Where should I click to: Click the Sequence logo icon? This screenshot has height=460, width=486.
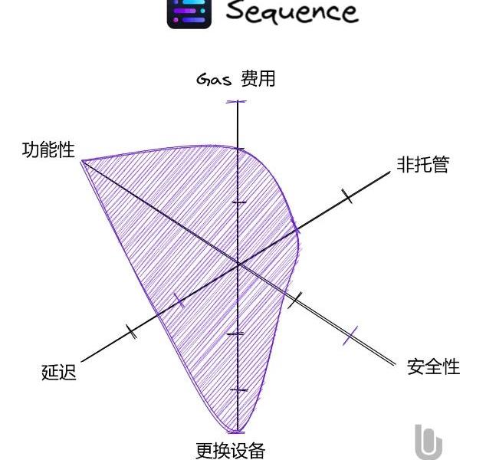189,14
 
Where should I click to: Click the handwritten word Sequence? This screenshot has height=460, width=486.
292,12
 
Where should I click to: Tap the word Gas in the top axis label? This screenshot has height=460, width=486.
214,80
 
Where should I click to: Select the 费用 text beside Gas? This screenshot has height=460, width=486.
258,78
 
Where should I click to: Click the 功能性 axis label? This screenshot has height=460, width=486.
48,150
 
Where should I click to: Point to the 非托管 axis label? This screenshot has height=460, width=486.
423,164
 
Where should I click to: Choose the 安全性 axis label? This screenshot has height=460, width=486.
433,366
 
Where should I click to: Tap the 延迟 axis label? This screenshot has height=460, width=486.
58,372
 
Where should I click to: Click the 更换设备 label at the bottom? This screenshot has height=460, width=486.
231,451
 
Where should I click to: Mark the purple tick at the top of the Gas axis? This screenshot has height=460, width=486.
237,101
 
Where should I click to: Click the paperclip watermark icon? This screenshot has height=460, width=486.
429,442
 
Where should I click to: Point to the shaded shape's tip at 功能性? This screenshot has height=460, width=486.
81,161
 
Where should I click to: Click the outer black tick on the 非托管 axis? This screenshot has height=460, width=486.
347,196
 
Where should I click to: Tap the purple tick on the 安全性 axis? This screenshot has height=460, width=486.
350,335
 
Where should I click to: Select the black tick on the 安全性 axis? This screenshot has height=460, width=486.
295,300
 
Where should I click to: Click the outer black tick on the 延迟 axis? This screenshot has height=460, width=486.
131,331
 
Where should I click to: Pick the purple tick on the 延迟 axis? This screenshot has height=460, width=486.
179,301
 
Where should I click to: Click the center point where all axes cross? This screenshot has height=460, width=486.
238,264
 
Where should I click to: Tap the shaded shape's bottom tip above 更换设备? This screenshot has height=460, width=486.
236,431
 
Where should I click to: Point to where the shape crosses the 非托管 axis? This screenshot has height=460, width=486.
297,230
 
